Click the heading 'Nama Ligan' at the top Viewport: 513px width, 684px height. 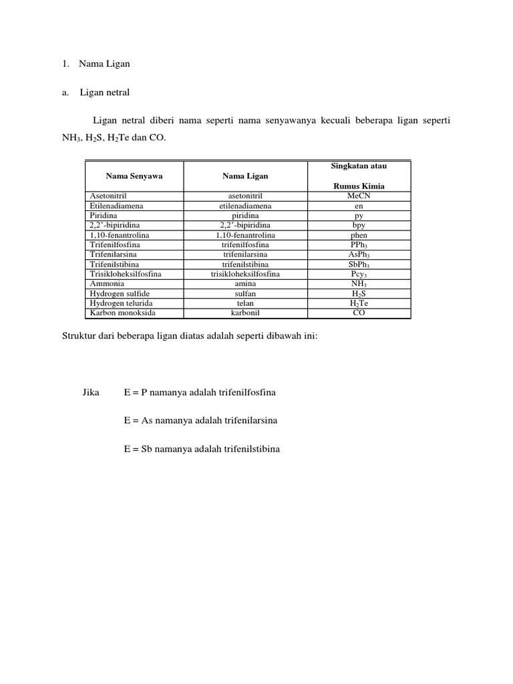tap(104, 64)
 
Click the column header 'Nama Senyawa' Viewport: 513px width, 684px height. tap(134, 176)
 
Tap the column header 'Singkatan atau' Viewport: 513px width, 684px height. tap(359, 166)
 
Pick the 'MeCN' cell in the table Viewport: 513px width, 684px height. tap(359, 196)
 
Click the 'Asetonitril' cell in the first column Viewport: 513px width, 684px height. tap(108, 196)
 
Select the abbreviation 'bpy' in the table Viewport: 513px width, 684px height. tap(359, 226)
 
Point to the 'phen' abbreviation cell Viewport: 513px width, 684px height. tap(359, 235)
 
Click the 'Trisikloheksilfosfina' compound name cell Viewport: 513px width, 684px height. tap(126, 274)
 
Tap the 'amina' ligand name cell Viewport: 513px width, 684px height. tap(245, 284)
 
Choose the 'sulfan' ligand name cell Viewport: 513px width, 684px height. tap(245, 293)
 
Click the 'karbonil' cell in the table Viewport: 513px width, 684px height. tap(245, 313)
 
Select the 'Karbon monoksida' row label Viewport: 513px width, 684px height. tap(118, 313)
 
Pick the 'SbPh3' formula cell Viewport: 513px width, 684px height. tap(359, 265)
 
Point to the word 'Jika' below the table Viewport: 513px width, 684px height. tap(91, 393)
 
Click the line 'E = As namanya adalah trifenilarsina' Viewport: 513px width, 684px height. tap(200, 421)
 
